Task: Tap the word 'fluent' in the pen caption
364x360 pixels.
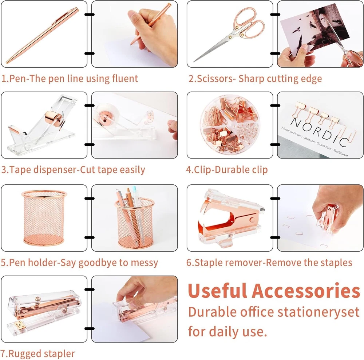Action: [x=125, y=79]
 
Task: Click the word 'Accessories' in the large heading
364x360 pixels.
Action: [x=306, y=291]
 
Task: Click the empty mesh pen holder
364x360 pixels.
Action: [x=44, y=217]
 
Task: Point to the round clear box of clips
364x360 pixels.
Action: [x=230, y=125]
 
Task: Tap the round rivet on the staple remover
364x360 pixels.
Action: [x=252, y=220]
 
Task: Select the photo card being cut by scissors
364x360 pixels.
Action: [x=314, y=30]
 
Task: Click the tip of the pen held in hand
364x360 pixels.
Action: [x=131, y=44]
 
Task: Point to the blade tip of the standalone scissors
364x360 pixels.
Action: [x=194, y=61]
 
